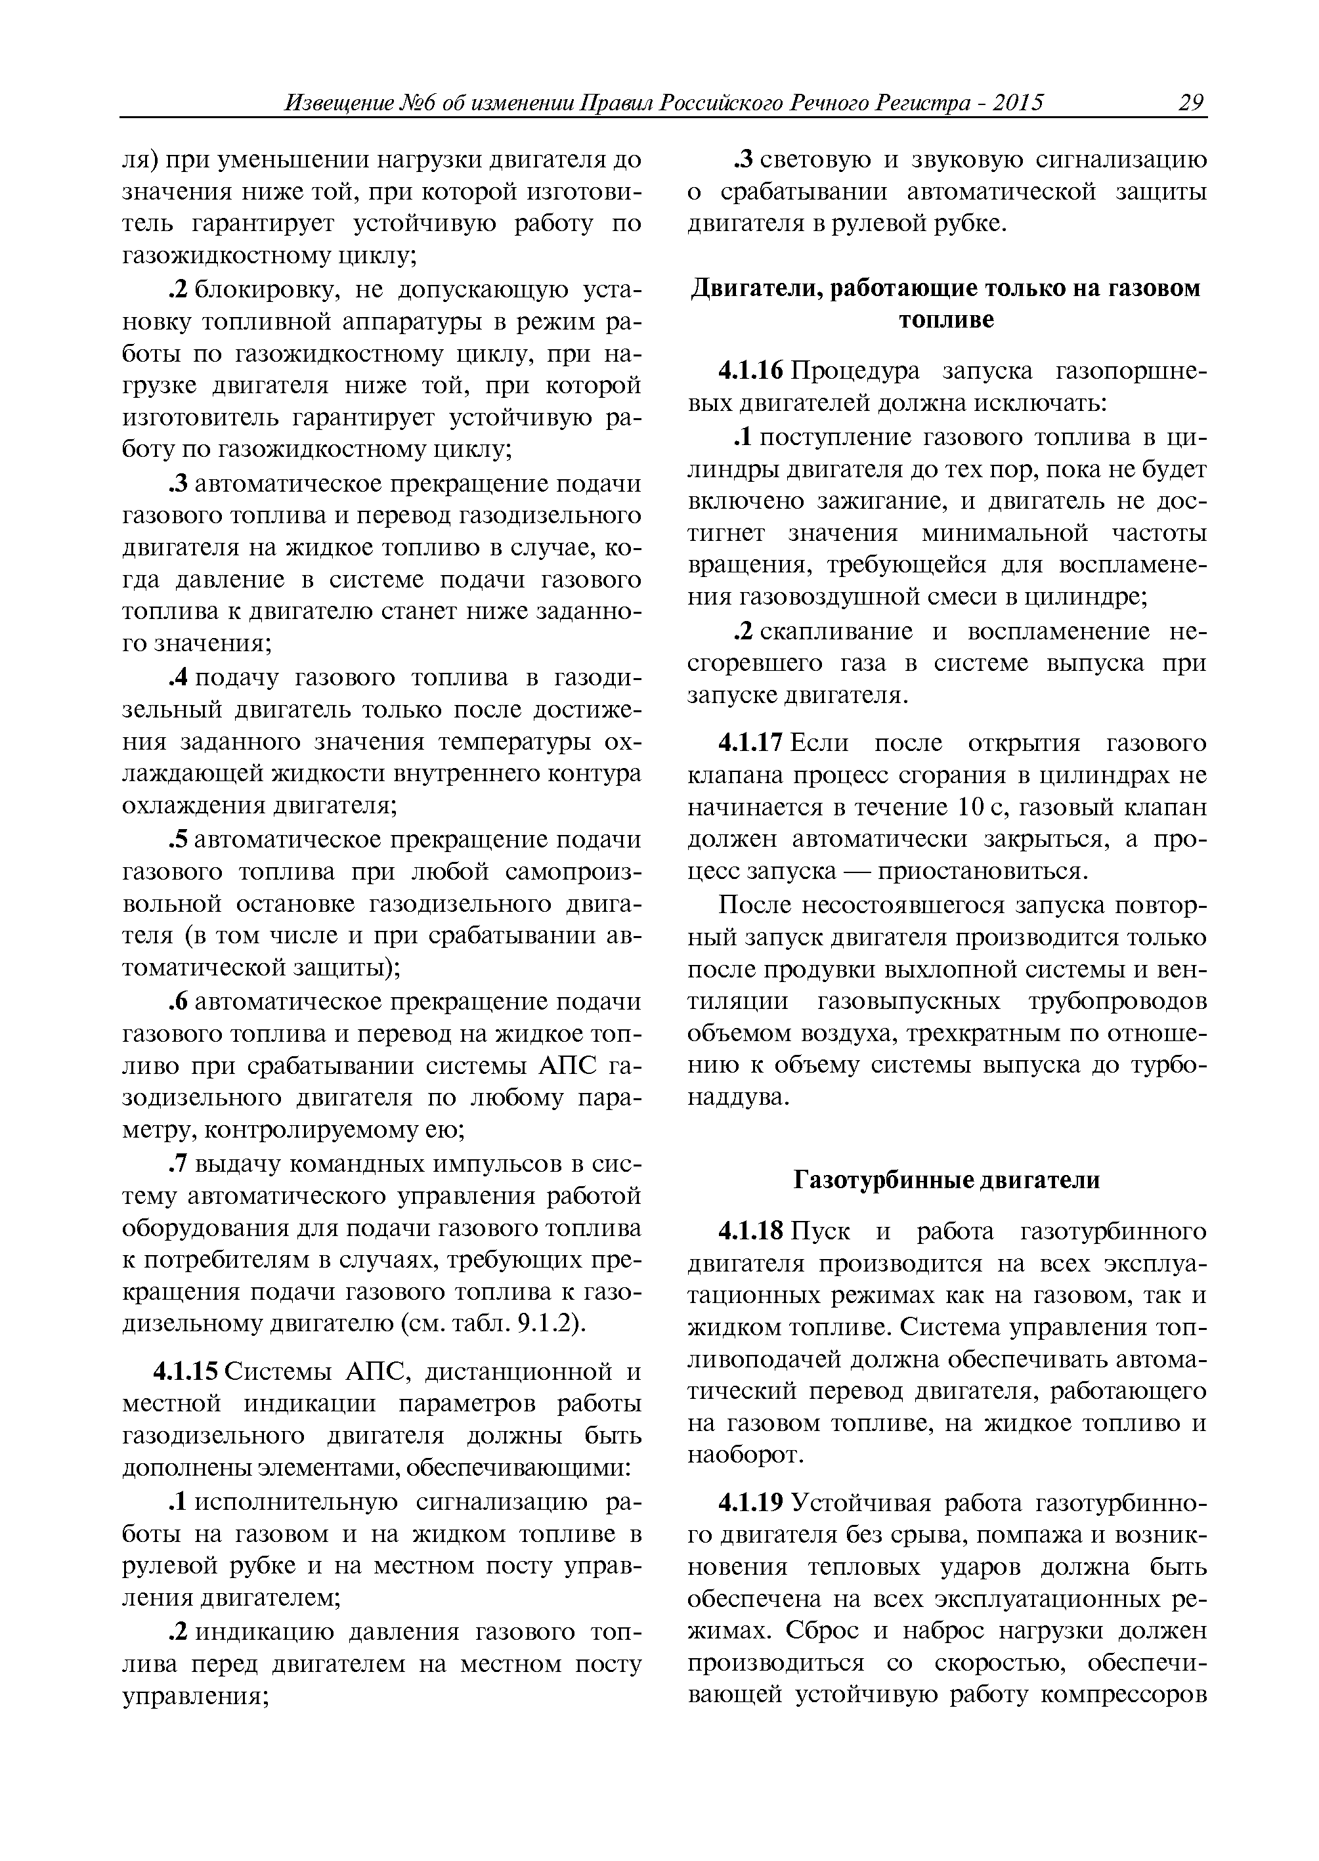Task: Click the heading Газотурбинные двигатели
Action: (946, 1180)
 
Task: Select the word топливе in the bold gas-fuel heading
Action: (946, 320)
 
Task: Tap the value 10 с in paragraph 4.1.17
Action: (981, 808)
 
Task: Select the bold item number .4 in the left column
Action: (178, 678)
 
